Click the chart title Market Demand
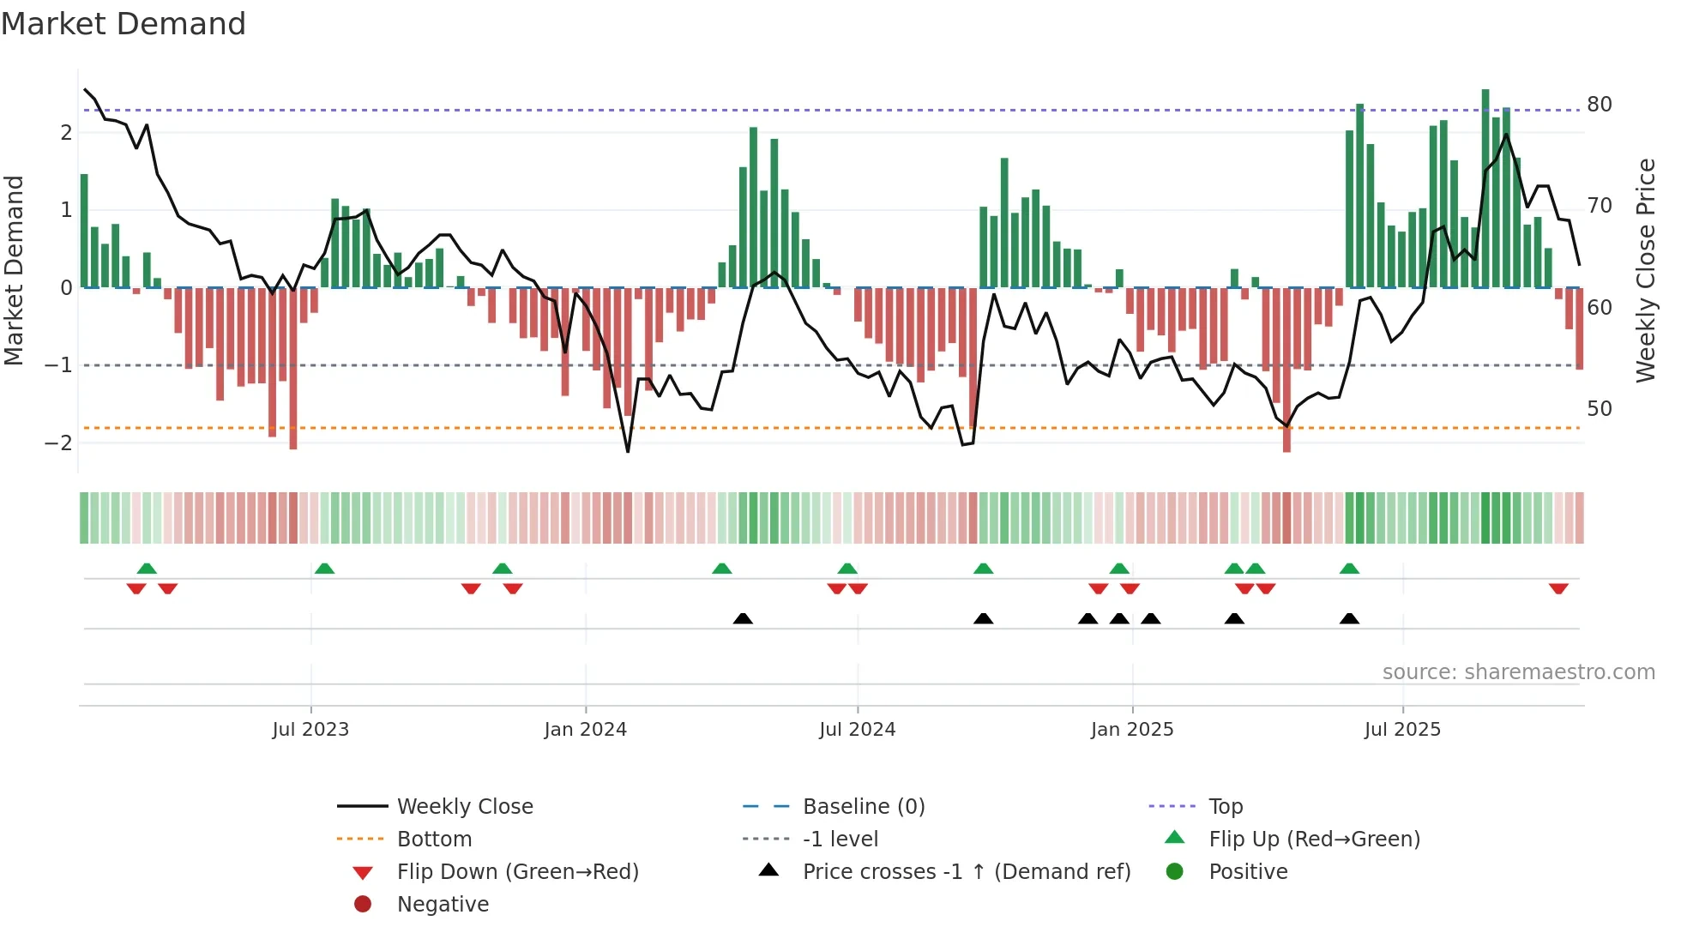[124, 24]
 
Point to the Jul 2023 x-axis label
[310, 730]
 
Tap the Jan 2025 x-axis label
[1132, 730]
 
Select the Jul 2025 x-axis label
[1402, 730]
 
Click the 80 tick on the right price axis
[1600, 105]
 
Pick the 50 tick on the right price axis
[1600, 409]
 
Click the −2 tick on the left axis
[58, 443]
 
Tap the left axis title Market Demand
[15, 270]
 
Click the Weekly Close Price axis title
[1645, 270]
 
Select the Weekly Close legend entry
[464, 807]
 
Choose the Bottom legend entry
[434, 840]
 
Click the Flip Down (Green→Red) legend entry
[517, 872]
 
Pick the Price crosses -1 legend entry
[966, 872]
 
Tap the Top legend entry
[1226, 807]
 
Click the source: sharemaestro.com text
[1518, 672]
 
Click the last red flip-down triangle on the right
[1558, 588]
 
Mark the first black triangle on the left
[743, 618]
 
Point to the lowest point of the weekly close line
[628, 451]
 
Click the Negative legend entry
[443, 905]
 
